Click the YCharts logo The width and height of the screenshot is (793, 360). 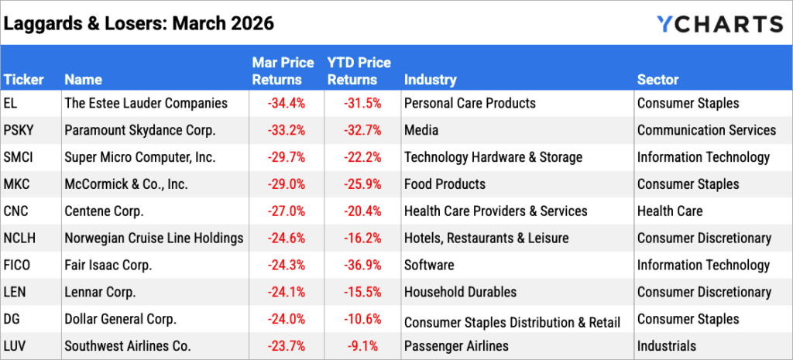pyautogui.click(x=719, y=24)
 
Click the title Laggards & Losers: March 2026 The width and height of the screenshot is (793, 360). pyautogui.click(x=139, y=23)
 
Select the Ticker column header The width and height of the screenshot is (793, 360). pyautogui.click(x=23, y=80)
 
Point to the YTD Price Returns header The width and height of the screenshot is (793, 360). pyautogui.click(x=359, y=71)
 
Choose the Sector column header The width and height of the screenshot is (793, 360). pyautogui.click(x=657, y=80)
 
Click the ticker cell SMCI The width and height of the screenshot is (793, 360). pyautogui.click(x=21, y=157)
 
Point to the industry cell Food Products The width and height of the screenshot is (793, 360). pyautogui.click(x=445, y=184)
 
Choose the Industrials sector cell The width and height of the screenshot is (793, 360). pyautogui.click(x=667, y=346)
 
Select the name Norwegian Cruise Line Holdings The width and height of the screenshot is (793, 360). pyautogui.click(x=154, y=238)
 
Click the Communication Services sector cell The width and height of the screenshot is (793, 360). pyautogui.click(x=706, y=130)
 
